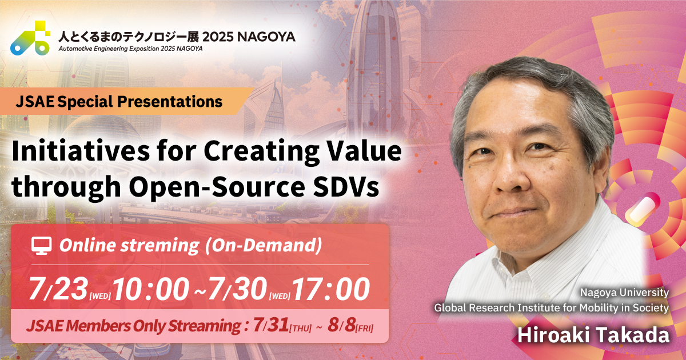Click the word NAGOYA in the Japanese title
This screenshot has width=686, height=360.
tap(266, 37)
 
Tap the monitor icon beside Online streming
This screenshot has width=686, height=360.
tap(42, 246)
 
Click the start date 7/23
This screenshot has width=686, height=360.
tap(57, 290)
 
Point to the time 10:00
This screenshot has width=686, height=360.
tap(150, 290)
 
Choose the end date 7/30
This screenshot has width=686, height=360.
tap(237, 290)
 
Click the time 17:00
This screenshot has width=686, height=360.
tap(332, 290)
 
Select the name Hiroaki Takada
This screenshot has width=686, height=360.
tap(593, 335)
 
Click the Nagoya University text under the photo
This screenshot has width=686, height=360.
tap(624, 293)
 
